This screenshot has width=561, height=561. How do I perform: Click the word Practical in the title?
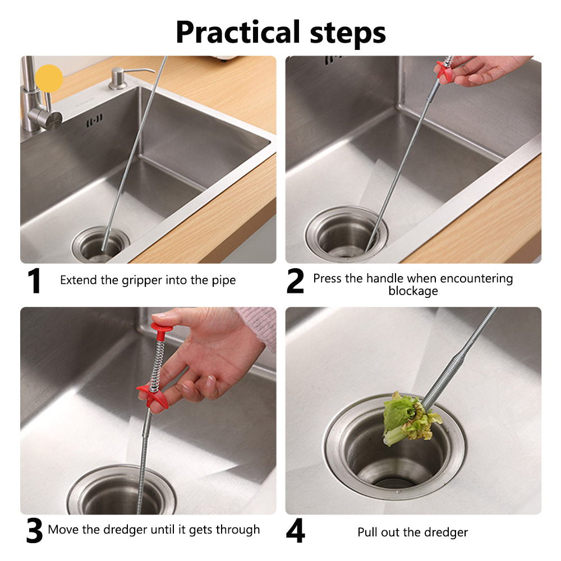[237, 33]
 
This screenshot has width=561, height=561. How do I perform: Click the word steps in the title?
[348, 33]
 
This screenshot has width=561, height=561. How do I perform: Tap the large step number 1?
[34, 281]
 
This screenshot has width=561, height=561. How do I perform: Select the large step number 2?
[296, 281]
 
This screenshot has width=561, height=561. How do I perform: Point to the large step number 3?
[34, 531]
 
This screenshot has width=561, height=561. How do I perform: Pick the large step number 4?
[296, 531]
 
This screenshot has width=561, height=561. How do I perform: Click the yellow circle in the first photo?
[49, 79]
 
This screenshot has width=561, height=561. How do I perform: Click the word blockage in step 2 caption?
[413, 291]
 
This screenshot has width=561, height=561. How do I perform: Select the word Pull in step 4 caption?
[367, 532]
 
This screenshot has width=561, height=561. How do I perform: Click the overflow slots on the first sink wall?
[94, 120]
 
